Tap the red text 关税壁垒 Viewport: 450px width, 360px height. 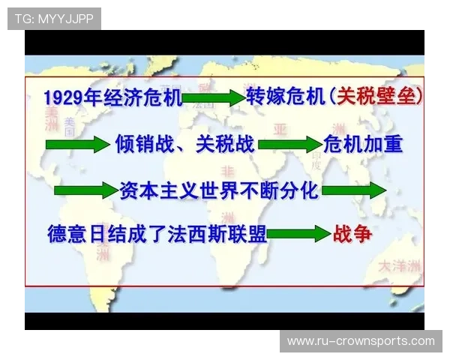tap(376, 97)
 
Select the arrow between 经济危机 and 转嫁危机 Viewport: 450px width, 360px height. tap(213, 97)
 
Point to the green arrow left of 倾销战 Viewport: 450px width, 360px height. tap(77, 145)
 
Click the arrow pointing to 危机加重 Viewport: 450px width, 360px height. tap(289, 145)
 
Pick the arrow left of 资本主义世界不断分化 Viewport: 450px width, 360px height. tap(85, 190)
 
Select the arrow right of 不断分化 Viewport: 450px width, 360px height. tap(353, 190)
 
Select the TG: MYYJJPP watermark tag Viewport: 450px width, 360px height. tap(54, 18)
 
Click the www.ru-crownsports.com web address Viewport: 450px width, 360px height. tap(361, 341)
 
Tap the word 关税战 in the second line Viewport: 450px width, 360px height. tap(223, 144)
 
